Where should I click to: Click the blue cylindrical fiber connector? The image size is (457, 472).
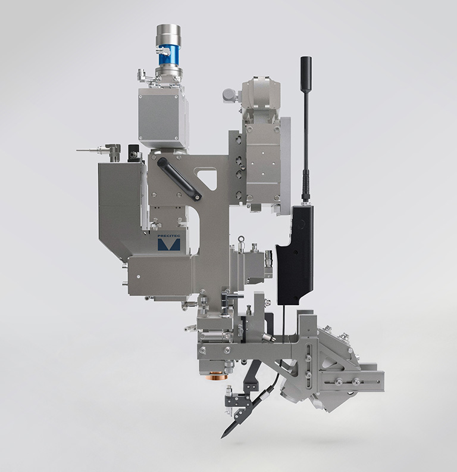point(168,57)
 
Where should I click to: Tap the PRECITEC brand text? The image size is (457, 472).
point(168,237)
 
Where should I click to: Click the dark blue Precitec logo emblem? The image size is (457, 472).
point(169,245)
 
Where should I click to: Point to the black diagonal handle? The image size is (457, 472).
point(180,179)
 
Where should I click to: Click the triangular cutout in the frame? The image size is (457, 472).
point(207,178)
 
